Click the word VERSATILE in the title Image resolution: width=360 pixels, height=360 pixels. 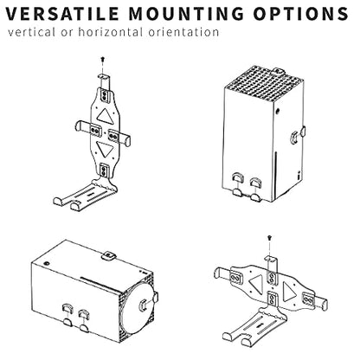click(x=62, y=13)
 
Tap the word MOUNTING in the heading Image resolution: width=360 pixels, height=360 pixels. click(x=186, y=13)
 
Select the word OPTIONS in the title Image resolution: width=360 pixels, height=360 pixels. click(x=301, y=13)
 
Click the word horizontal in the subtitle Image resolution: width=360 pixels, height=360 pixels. click(x=111, y=32)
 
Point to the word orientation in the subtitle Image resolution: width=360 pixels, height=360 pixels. click(x=183, y=32)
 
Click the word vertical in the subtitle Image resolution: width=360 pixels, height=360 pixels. click(x=31, y=32)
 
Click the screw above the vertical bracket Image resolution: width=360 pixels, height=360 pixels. click(x=103, y=60)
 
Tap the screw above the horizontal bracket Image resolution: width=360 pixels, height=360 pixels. click(x=269, y=238)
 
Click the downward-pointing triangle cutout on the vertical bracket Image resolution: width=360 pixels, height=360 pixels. click(x=104, y=149)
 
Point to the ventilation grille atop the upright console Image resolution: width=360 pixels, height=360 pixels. click(x=263, y=83)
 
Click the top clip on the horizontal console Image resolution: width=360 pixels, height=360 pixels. click(x=108, y=256)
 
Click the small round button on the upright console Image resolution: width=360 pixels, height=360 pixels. click(x=278, y=111)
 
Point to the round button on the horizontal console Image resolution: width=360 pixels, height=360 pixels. click(x=46, y=263)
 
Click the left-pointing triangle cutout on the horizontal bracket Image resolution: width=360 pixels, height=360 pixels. click(x=256, y=284)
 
